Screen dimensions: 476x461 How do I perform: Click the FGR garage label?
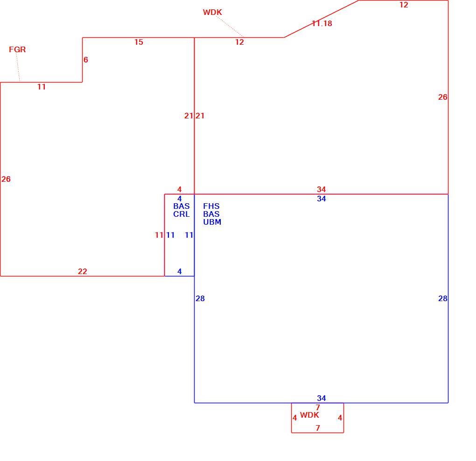pyautogui.click(x=17, y=49)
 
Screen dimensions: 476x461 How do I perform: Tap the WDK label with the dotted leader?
pyautogui.click(x=212, y=12)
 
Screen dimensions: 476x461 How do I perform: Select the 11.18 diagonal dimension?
pyautogui.click(x=322, y=23)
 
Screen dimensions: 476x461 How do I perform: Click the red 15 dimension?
pyautogui.click(x=139, y=42)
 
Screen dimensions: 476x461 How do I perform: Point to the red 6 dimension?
pyautogui.click(x=86, y=60)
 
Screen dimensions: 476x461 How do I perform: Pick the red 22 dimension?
pyautogui.click(x=83, y=271)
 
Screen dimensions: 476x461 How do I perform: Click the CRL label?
pyautogui.click(x=182, y=214)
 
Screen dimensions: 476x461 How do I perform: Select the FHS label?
pyautogui.click(x=211, y=206)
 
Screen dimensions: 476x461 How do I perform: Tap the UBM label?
pyautogui.click(x=212, y=222)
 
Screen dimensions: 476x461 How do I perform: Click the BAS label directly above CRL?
pyautogui.click(x=182, y=206)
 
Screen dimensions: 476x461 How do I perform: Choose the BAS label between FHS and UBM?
pyautogui.click(x=211, y=214)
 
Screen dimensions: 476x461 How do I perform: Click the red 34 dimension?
pyautogui.click(x=322, y=190)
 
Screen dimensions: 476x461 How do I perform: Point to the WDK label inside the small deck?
pyautogui.click(x=310, y=415)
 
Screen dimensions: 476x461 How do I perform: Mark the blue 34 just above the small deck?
pyautogui.click(x=322, y=398)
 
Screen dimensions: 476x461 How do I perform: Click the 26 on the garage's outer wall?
pyautogui.click(x=6, y=179)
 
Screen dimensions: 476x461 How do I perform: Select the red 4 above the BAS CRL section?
pyautogui.click(x=179, y=190)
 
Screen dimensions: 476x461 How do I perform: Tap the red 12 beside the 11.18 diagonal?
pyautogui.click(x=404, y=5)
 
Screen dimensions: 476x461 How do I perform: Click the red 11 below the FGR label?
pyautogui.click(x=42, y=87)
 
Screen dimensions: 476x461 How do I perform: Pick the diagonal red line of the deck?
pyautogui.click(x=322, y=19)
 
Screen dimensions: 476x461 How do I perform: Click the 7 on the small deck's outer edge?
pyautogui.click(x=318, y=428)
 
